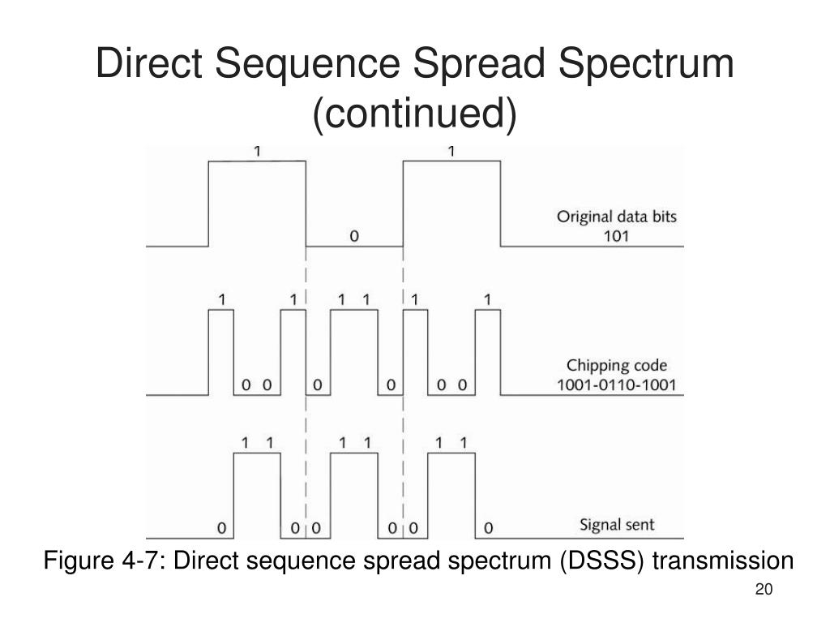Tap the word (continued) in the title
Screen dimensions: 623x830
(414, 114)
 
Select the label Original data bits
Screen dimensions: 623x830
(616, 217)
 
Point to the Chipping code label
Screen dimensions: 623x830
(618, 366)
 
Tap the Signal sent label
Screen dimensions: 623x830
(617, 525)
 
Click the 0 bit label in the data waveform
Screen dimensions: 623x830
(353, 237)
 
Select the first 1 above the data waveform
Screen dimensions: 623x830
(258, 151)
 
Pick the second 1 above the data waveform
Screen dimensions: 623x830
(451, 151)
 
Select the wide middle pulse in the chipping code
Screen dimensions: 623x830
(353, 349)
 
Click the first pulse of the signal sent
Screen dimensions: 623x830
(258, 491)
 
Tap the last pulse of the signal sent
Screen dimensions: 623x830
(451, 491)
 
